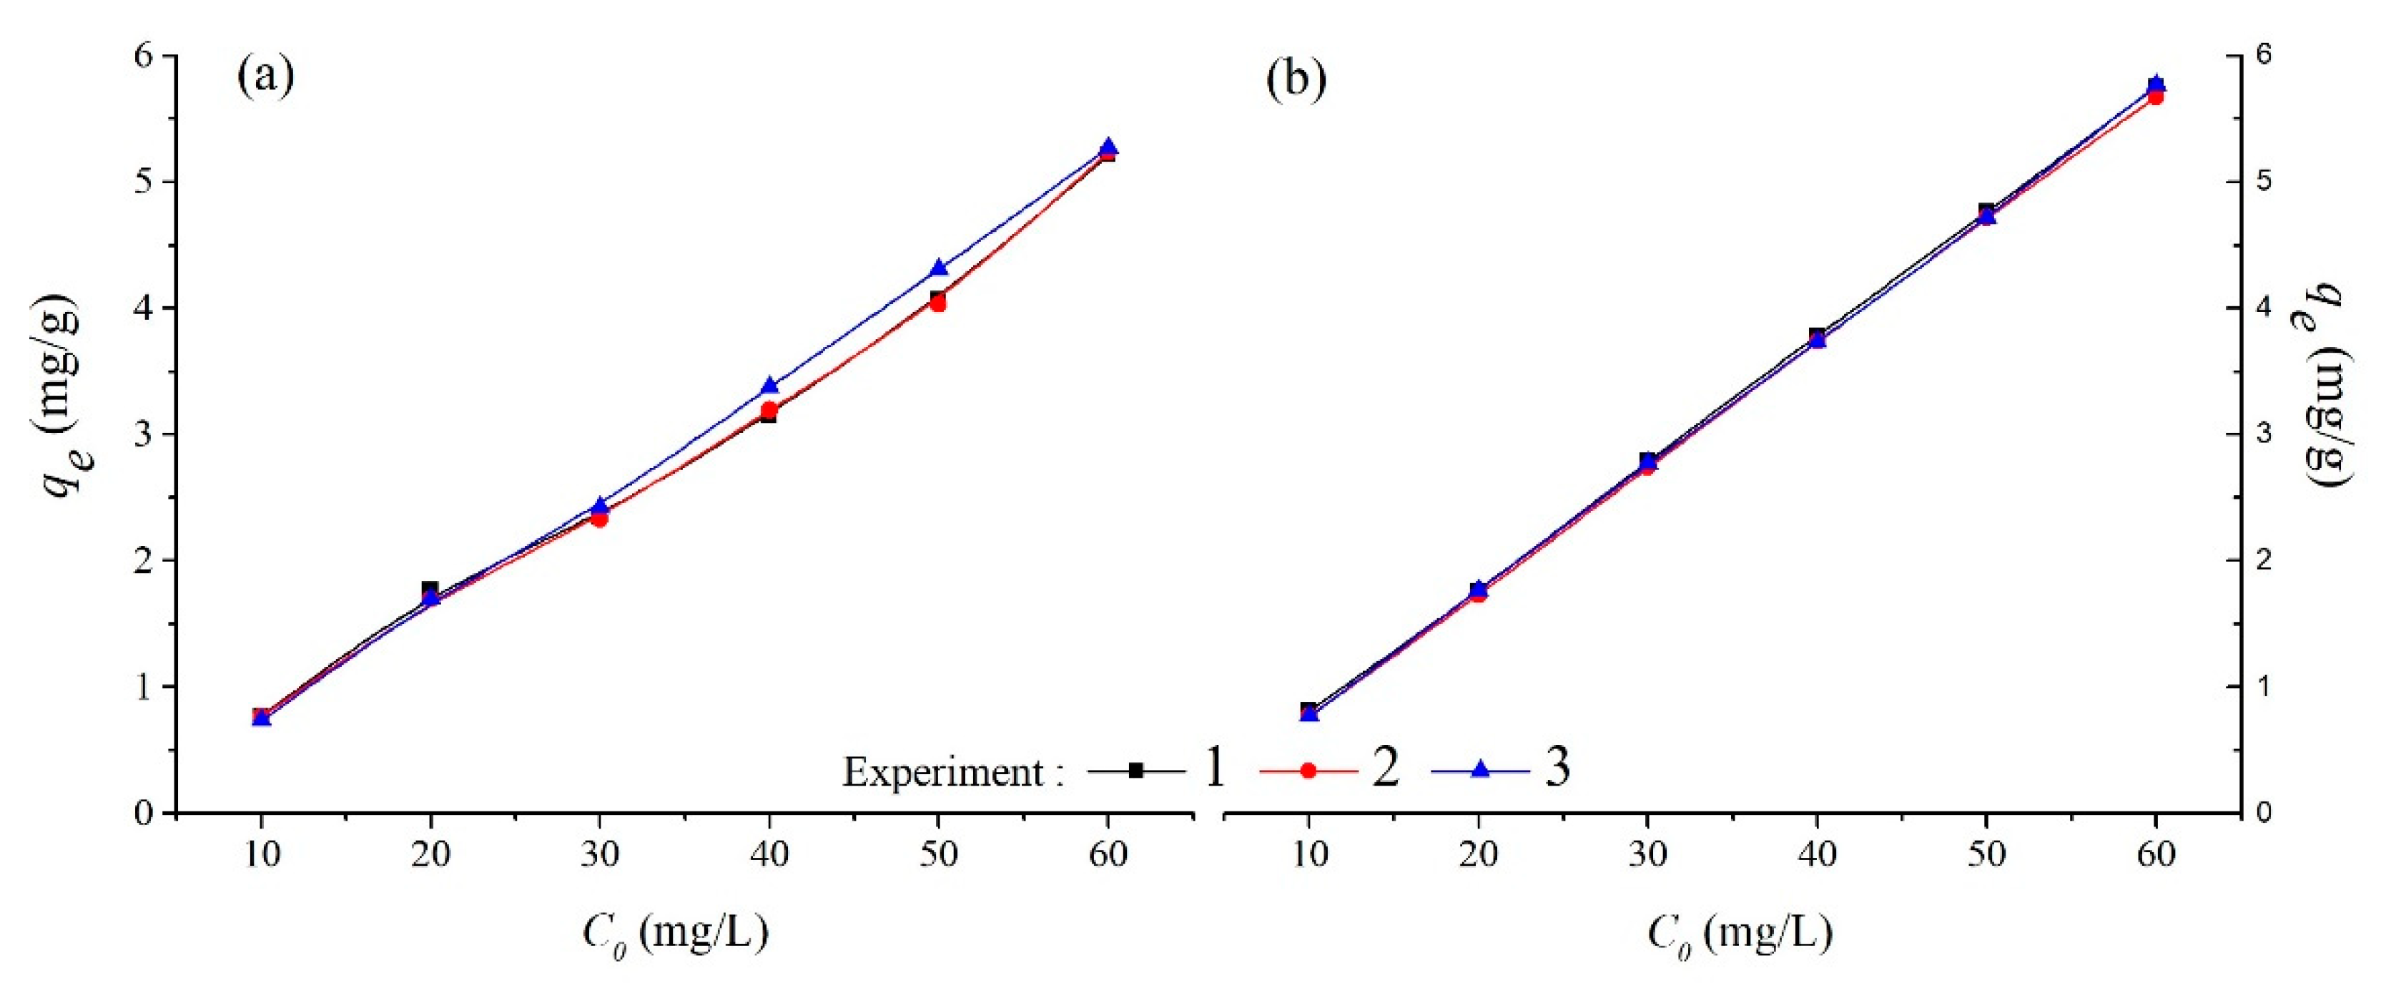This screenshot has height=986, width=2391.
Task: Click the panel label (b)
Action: [x=1296, y=80]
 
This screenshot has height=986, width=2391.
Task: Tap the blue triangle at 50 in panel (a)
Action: [x=938, y=268]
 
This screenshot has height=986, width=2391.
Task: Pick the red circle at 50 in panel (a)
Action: [x=937, y=303]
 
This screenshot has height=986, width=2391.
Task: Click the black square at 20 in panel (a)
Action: [x=430, y=590]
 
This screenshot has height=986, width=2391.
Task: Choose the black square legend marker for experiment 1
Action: [x=1135, y=770]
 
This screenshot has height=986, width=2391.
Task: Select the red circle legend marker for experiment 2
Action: [x=1308, y=770]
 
